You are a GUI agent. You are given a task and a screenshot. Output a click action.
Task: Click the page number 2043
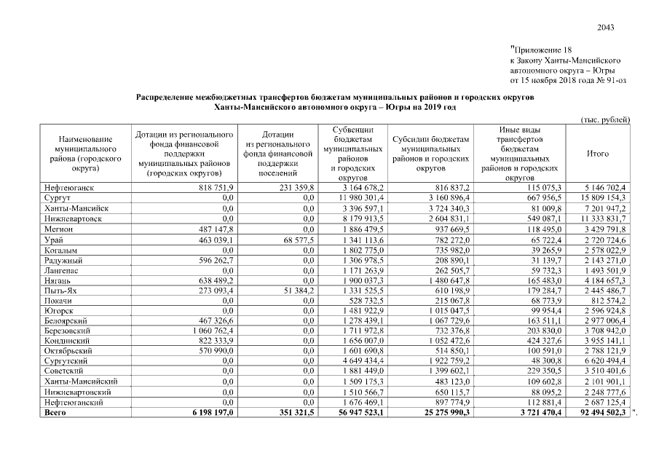pyautogui.click(x=605, y=28)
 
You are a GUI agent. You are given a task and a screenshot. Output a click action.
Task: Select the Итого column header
pyautogui.click(x=597, y=154)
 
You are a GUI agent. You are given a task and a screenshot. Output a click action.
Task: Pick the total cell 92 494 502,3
pyautogui.click(x=604, y=412)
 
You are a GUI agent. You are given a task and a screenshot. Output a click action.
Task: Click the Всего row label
pyautogui.click(x=55, y=412)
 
